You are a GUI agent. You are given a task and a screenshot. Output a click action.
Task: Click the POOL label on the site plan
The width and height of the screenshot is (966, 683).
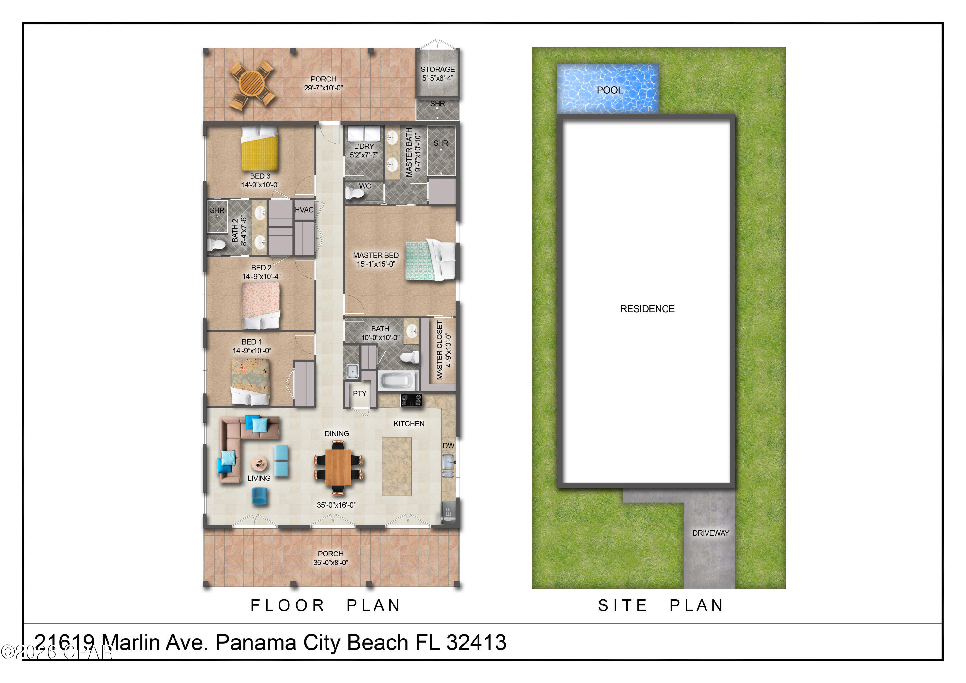(x=609, y=90)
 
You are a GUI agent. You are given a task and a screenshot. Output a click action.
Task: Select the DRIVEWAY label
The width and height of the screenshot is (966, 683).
(x=710, y=533)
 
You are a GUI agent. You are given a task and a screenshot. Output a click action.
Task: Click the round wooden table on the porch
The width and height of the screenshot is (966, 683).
(x=251, y=82)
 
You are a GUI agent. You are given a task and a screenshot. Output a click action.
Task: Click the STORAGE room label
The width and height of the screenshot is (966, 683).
(x=437, y=69)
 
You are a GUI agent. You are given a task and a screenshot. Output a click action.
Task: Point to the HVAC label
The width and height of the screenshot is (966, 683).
(x=304, y=210)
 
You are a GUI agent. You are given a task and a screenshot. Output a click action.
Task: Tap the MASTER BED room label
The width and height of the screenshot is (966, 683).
(x=375, y=255)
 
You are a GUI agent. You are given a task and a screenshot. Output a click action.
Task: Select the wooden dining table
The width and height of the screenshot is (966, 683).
(x=338, y=467)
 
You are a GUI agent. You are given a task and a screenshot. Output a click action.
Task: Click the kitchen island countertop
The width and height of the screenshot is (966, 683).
(x=396, y=466)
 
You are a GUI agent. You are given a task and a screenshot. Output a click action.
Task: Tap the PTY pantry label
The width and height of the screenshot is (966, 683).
(x=359, y=394)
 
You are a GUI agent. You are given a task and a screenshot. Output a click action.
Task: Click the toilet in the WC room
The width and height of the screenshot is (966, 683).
(x=354, y=194)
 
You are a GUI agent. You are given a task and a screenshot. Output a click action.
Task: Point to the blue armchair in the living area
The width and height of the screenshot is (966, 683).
(x=260, y=496)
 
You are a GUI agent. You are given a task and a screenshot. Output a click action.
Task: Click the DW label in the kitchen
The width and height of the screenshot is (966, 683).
(x=448, y=446)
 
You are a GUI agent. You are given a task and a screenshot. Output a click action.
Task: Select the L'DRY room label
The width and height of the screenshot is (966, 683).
(x=364, y=146)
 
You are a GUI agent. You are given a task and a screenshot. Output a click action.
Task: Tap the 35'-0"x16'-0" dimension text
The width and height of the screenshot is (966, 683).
(x=336, y=505)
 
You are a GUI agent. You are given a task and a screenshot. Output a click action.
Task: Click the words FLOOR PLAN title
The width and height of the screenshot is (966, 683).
(x=326, y=605)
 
